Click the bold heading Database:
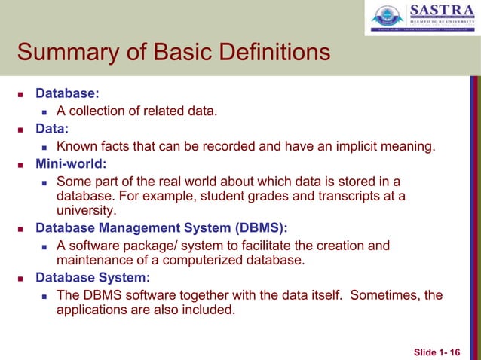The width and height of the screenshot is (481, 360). tap(68, 95)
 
